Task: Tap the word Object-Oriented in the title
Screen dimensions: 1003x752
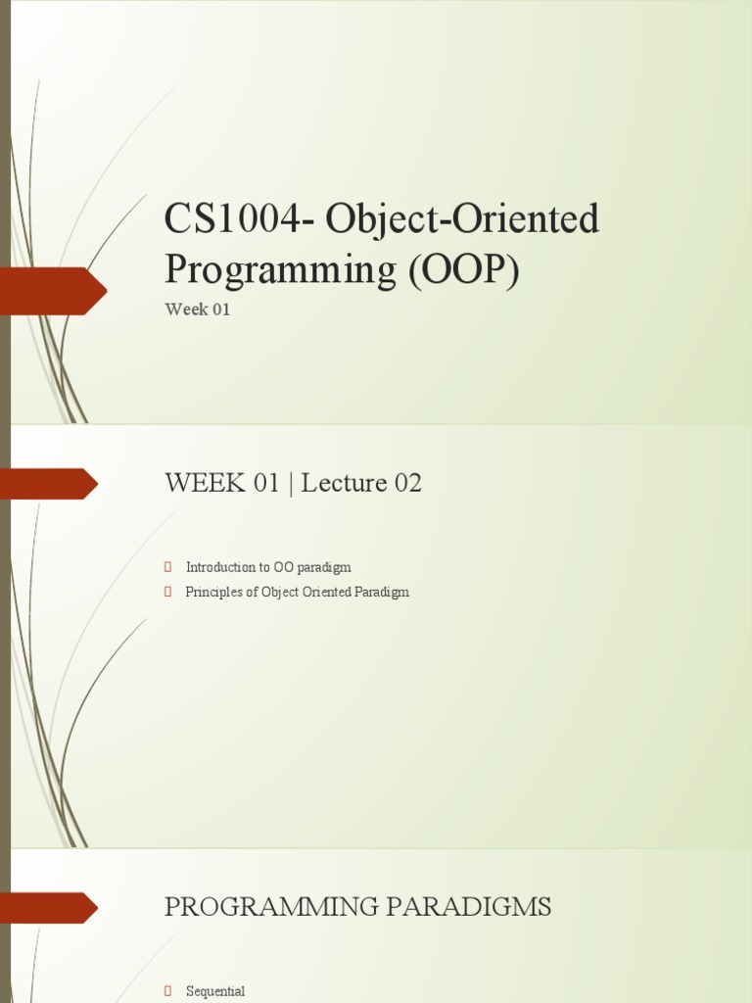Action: (x=462, y=219)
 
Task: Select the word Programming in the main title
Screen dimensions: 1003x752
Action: (x=277, y=269)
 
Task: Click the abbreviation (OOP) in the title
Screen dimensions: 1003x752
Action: (x=463, y=269)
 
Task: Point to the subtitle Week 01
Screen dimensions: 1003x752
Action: (x=197, y=310)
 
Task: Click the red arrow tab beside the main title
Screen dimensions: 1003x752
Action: (x=54, y=291)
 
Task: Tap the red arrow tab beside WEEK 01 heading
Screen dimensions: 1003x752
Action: (x=49, y=484)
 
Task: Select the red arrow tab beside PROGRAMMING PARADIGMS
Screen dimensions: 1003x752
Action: (x=49, y=908)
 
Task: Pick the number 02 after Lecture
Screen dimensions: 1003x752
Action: (x=407, y=484)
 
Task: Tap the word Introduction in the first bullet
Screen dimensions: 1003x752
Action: (x=220, y=567)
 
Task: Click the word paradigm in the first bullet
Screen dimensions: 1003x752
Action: (x=323, y=567)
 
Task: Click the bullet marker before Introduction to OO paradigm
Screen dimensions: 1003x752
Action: (x=168, y=567)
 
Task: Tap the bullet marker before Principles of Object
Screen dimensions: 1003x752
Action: (x=168, y=593)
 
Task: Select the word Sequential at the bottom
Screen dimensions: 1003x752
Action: (x=215, y=991)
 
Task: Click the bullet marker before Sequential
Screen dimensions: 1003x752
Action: (x=168, y=991)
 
